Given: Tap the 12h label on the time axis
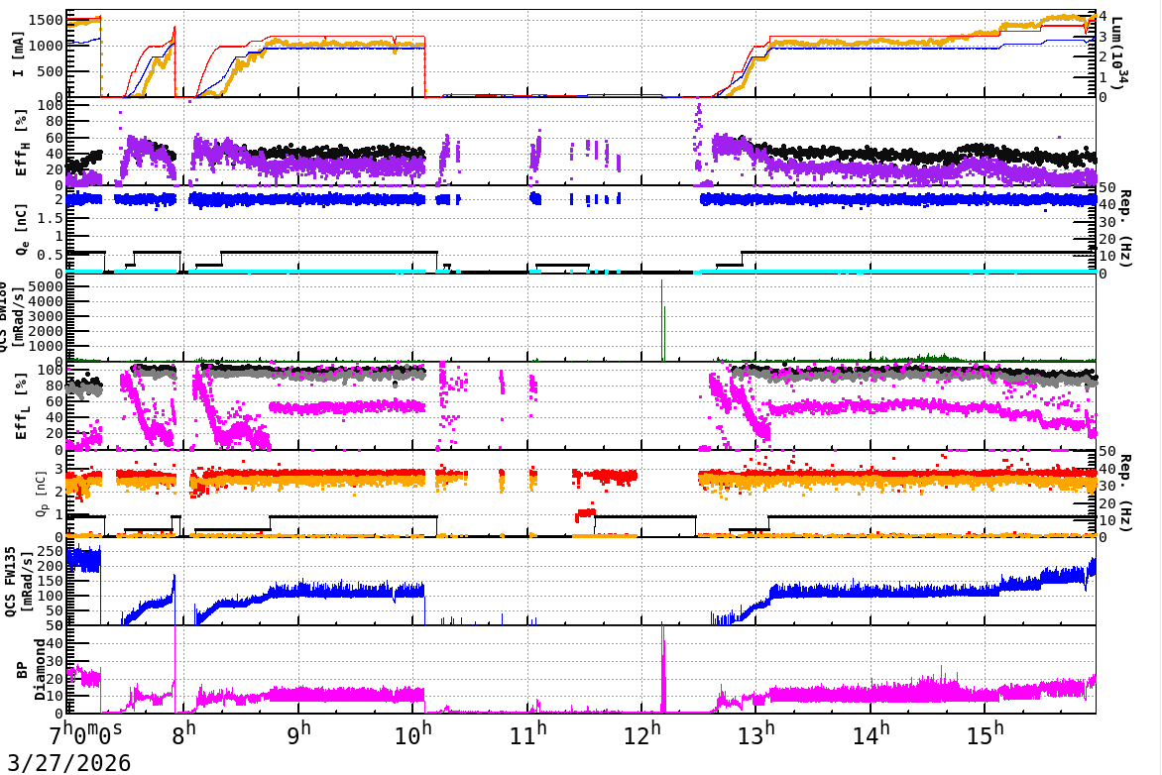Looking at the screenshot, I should [642, 736].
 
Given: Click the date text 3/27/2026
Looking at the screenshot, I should [65, 763].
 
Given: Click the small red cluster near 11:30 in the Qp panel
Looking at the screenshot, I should [585, 513].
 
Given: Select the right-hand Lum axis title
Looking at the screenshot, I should [1120, 55].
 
